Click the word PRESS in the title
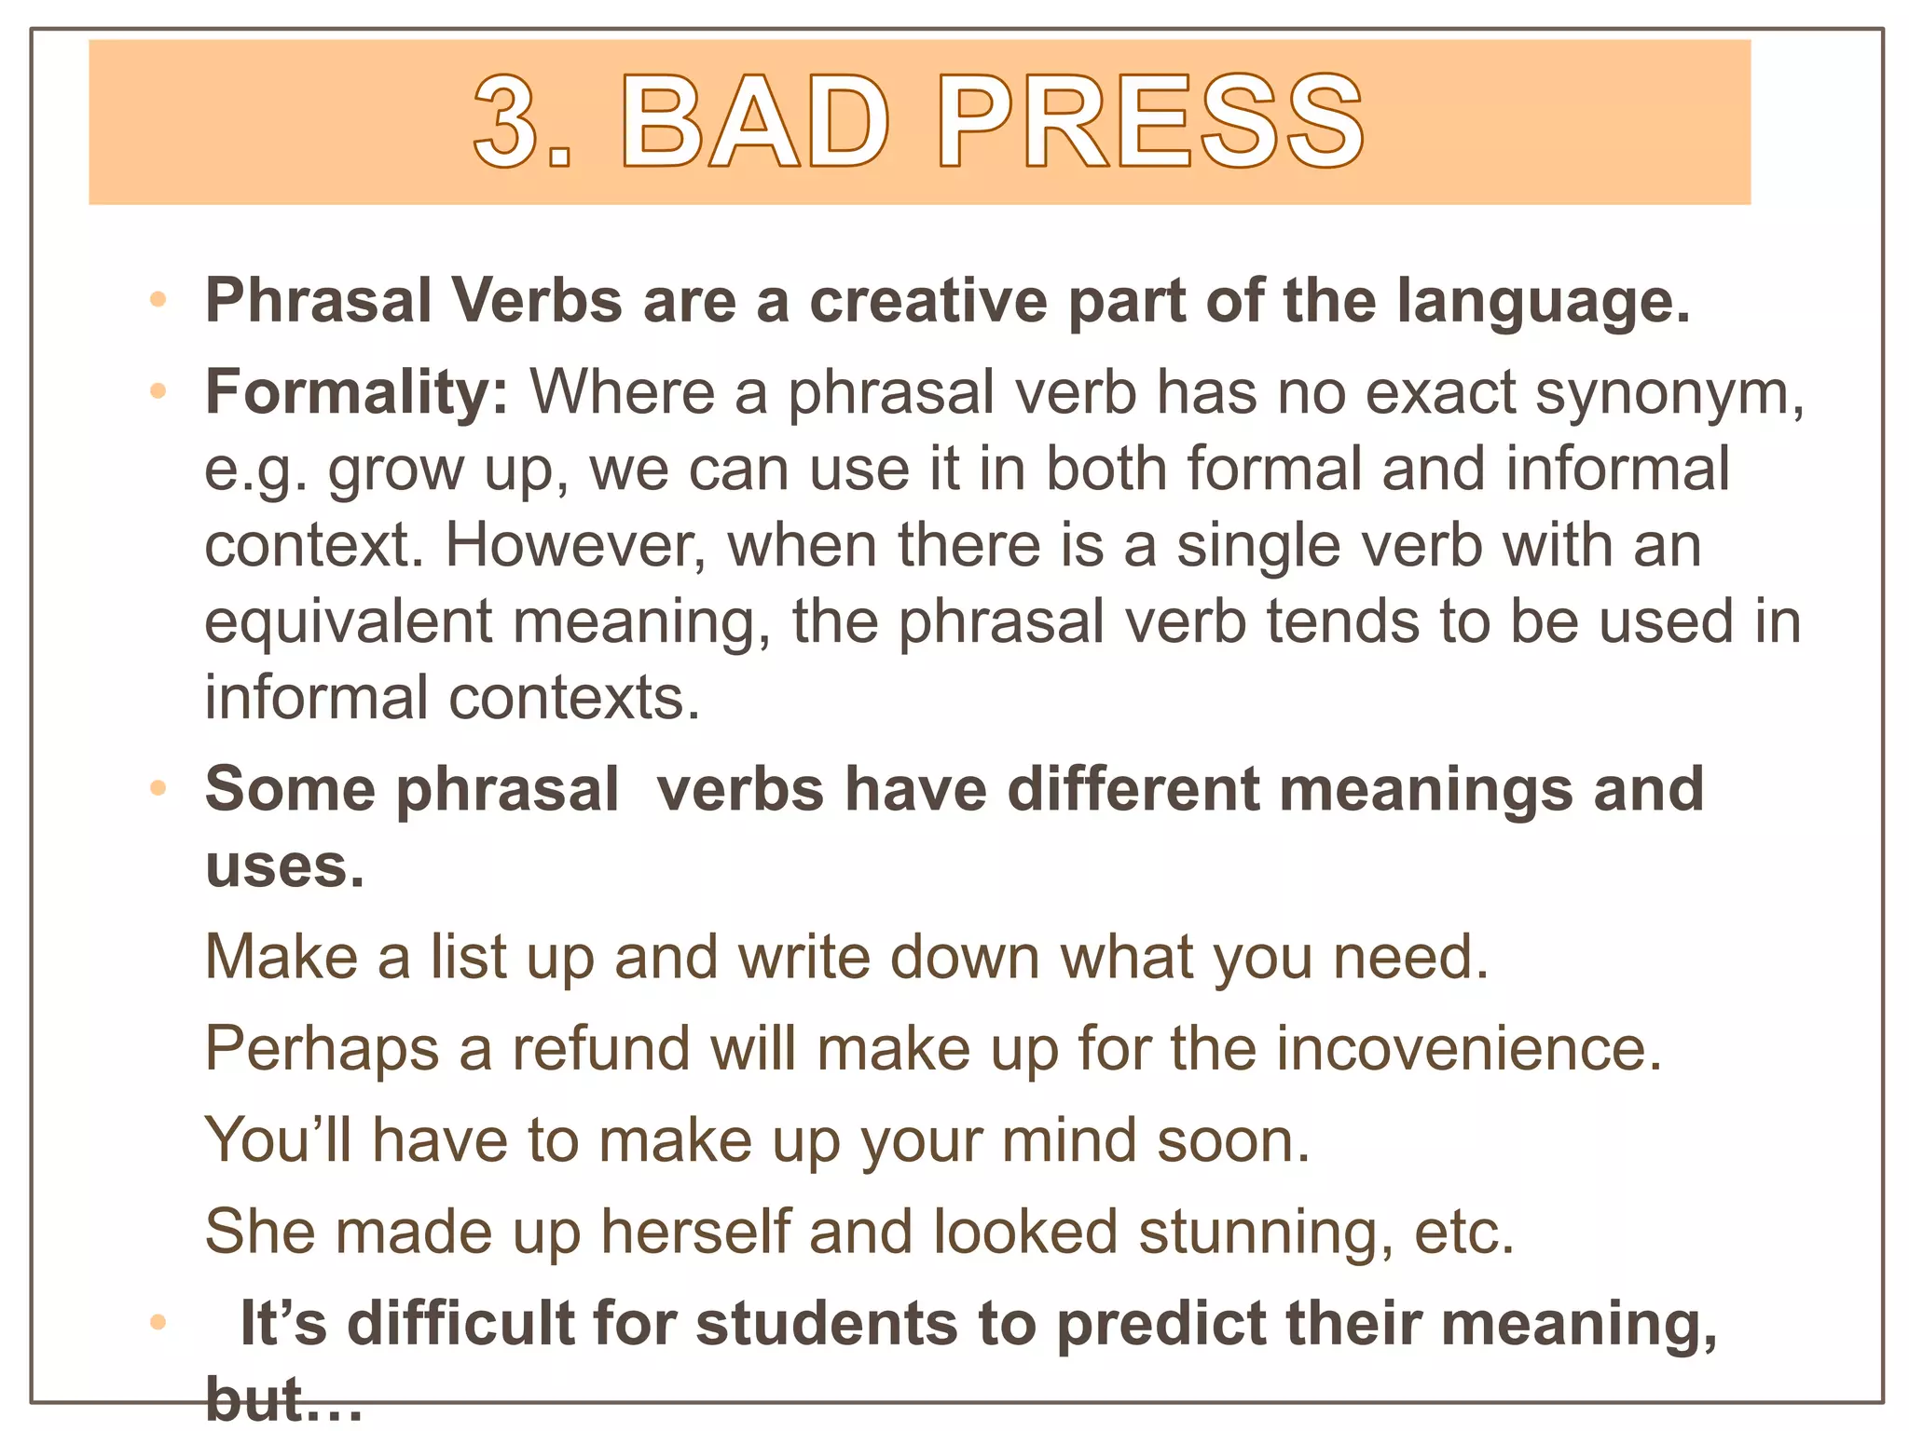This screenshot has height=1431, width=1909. [1152, 122]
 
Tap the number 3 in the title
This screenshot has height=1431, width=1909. [509, 122]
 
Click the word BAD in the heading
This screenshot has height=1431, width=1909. [755, 122]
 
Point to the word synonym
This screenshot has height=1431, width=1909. [1669, 394]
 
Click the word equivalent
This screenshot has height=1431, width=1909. [348, 621]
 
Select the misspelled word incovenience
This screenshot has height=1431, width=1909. [1468, 1049]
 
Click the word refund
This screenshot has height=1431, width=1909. [600, 1049]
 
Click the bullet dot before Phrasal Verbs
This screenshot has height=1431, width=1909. [158, 300]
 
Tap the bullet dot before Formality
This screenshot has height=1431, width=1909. [158, 391]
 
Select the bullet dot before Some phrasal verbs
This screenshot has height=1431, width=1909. [158, 789]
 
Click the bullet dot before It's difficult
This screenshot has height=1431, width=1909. [158, 1322]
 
